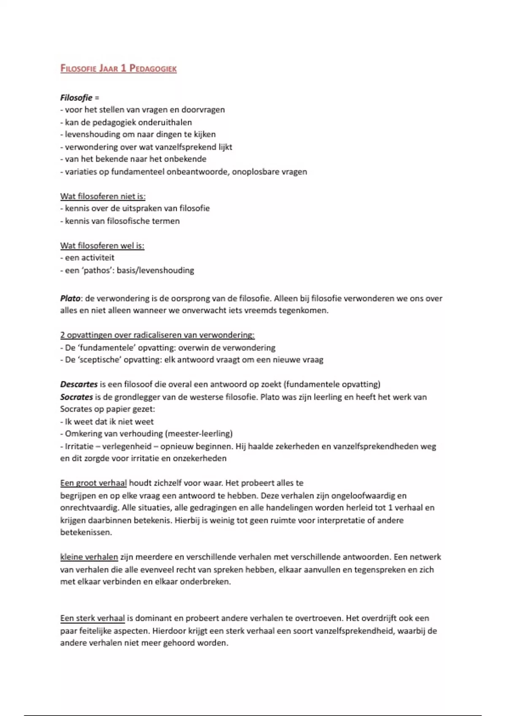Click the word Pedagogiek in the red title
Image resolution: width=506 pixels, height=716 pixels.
pyautogui.click(x=153, y=68)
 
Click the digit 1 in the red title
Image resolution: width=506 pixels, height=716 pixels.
pyautogui.click(x=124, y=68)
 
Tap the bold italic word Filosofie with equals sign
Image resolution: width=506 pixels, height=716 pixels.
pyautogui.click(x=76, y=98)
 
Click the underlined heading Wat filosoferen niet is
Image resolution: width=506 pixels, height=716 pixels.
pyautogui.click(x=103, y=196)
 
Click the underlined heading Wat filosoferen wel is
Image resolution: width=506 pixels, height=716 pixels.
pyautogui.click(x=102, y=246)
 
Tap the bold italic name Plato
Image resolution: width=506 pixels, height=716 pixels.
pyautogui.click(x=70, y=298)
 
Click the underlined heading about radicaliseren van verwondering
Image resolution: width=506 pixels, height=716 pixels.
pyautogui.click(x=157, y=335)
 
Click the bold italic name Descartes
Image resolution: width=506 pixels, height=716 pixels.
pyautogui.click(x=79, y=384)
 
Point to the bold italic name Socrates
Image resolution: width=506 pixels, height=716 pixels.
pyautogui.click(x=76, y=397)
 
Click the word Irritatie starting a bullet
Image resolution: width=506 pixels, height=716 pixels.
pyautogui.click(x=79, y=446)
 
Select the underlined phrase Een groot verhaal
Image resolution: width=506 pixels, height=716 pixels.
pyautogui.click(x=93, y=483)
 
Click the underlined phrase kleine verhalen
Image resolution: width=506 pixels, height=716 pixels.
pyautogui.click(x=89, y=557)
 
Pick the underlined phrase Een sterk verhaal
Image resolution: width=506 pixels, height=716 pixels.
pyautogui.click(x=92, y=618)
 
